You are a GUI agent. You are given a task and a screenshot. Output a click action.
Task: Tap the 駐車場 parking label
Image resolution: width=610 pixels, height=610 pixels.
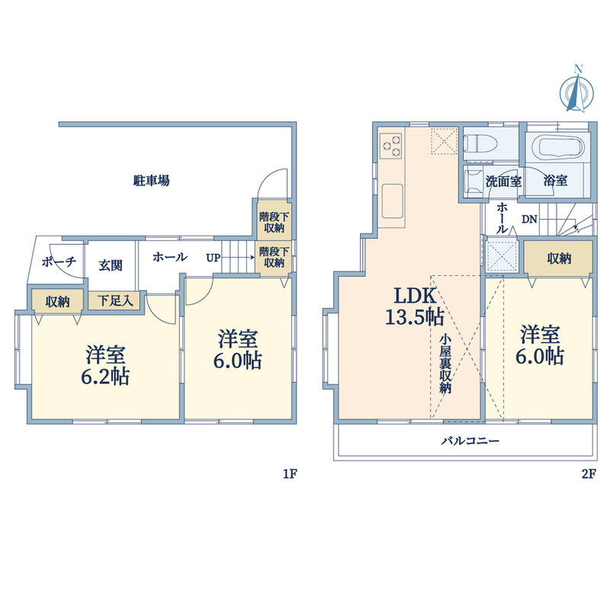[x=151, y=181]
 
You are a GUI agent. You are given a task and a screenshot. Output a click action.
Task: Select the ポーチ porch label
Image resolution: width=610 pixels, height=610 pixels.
[x=59, y=262]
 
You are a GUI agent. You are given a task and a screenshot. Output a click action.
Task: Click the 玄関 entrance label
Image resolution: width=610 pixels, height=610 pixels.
[x=111, y=265]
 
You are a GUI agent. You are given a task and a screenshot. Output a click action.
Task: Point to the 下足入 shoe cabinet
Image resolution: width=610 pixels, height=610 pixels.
[x=115, y=300]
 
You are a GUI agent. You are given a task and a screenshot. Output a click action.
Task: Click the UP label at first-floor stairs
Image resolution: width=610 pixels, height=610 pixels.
[x=213, y=258]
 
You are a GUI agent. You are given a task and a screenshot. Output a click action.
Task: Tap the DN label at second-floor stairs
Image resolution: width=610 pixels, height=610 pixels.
[x=529, y=220]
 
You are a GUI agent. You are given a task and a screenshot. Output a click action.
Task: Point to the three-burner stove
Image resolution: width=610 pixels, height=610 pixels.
[x=391, y=146]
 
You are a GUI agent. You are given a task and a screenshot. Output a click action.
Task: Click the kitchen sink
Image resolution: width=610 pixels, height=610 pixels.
[x=392, y=201]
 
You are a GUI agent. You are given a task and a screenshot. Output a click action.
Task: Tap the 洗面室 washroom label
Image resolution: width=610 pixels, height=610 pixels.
[x=504, y=181]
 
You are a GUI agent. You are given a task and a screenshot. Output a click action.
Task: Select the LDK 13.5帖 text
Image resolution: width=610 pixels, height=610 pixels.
[x=415, y=307]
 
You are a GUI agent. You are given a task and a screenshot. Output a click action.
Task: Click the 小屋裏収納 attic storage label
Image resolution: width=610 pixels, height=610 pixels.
[x=445, y=364]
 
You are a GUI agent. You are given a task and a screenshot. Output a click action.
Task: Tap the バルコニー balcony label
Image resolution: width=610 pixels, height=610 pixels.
[x=470, y=441]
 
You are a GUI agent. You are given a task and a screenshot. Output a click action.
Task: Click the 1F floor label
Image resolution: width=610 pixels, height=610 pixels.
[x=290, y=474]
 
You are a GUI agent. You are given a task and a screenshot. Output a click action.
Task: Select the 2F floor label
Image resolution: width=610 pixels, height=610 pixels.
[x=589, y=474]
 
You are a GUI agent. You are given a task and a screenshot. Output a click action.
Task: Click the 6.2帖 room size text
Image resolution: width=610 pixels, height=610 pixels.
[x=105, y=376]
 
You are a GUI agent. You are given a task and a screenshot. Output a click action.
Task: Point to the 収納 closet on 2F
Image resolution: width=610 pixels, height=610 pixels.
[x=558, y=258]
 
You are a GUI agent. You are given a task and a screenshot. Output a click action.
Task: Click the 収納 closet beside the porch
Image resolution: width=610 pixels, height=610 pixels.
[x=58, y=301]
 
